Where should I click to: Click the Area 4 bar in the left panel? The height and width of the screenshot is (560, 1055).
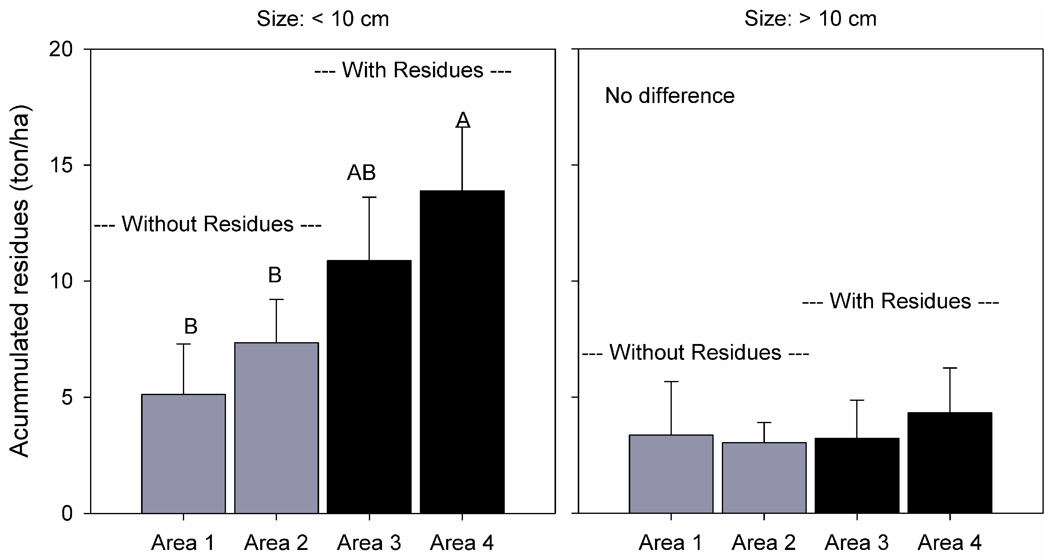tap(462, 352)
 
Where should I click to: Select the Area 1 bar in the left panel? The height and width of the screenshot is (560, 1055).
tap(184, 454)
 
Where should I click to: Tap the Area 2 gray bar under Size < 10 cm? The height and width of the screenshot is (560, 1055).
tap(276, 428)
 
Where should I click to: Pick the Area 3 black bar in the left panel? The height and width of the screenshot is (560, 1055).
tap(369, 387)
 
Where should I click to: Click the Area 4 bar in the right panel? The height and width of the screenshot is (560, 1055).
tap(950, 463)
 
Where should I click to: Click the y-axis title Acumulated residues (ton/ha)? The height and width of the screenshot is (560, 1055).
tap(20, 281)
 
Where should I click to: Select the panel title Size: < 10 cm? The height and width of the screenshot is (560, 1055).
tap(323, 19)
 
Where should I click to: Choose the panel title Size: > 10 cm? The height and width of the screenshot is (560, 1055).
tap(810, 19)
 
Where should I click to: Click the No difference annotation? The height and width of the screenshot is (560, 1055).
tap(670, 96)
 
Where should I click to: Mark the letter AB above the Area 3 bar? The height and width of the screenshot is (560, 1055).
tap(361, 173)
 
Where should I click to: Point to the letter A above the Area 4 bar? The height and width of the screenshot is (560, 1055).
tap(463, 120)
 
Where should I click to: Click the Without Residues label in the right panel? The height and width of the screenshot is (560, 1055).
tap(695, 352)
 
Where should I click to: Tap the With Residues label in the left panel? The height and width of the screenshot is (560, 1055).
tap(413, 71)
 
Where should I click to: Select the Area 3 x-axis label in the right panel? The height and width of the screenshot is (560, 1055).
tap(857, 543)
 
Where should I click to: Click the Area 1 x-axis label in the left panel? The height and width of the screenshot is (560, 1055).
tap(183, 543)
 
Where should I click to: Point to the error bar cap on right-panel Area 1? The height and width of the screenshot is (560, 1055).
tap(671, 382)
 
